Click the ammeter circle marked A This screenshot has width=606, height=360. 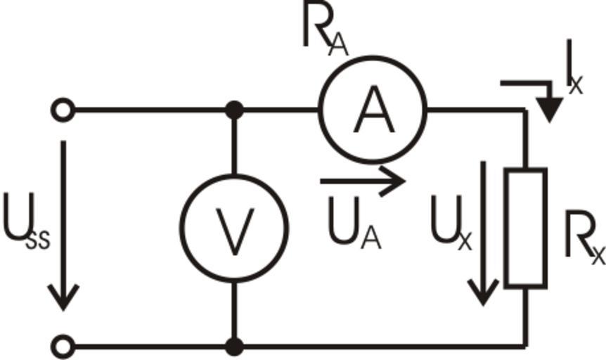[x=373, y=109]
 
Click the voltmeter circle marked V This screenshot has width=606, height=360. [x=234, y=227]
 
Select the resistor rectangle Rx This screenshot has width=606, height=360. [x=526, y=227]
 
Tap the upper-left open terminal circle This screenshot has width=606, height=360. [x=63, y=110]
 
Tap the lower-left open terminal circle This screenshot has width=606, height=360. [x=63, y=346]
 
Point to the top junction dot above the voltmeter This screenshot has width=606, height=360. [x=234, y=110]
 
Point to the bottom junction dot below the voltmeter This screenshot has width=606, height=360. [x=234, y=346]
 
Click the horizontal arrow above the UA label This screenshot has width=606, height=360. [x=362, y=181]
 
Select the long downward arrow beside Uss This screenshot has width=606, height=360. [x=64, y=225]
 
